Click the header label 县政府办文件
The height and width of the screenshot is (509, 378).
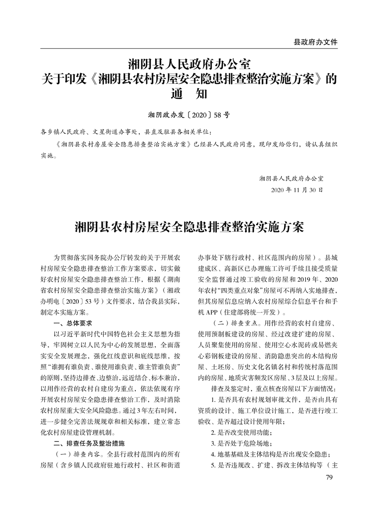[315, 42]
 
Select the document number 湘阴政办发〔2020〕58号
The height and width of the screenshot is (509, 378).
[189, 113]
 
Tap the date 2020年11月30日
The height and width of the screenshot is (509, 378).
[296, 190]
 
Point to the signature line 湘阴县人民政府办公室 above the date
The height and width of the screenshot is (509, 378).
[291, 178]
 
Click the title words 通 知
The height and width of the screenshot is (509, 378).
[189, 94]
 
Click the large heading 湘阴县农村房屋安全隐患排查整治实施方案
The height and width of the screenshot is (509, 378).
[189, 228]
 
